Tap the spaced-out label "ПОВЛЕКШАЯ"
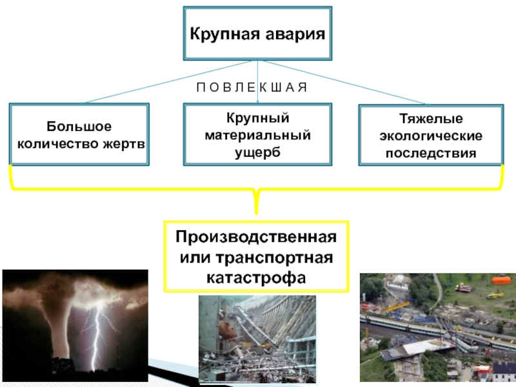(252, 86)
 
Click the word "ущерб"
(258, 151)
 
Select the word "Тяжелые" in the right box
(431, 120)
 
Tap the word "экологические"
(431, 137)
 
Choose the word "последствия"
(431, 154)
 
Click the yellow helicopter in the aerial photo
(495, 295)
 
